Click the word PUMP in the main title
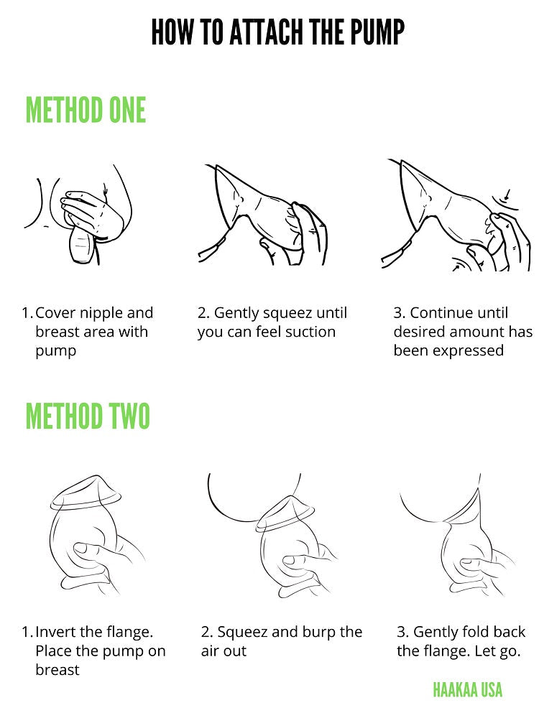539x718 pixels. click(377, 32)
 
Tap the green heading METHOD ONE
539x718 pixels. click(86, 110)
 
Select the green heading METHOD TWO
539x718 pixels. click(88, 416)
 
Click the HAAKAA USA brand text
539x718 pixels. click(468, 689)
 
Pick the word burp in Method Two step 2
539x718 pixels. click(320, 633)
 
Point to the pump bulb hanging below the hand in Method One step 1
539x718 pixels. click(82, 246)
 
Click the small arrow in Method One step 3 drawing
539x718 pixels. click(507, 195)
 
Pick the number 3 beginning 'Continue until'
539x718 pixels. click(398, 313)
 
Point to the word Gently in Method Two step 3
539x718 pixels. click(433, 633)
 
